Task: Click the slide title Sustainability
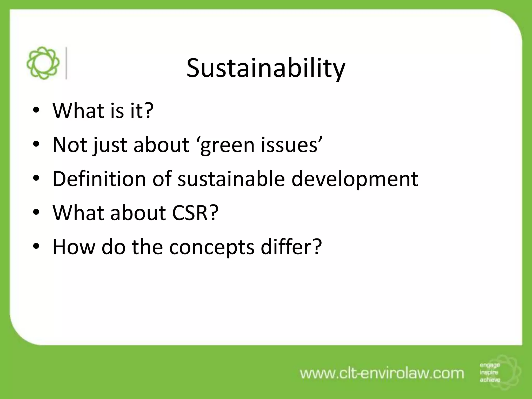pos(266,68)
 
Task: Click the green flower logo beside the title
pos(43,63)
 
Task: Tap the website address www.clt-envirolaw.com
pos(382,374)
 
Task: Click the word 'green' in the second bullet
pos(227,145)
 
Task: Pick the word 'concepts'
pos(212,248)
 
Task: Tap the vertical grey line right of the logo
pos(66,63)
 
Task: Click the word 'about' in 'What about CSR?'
pos(138,213)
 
